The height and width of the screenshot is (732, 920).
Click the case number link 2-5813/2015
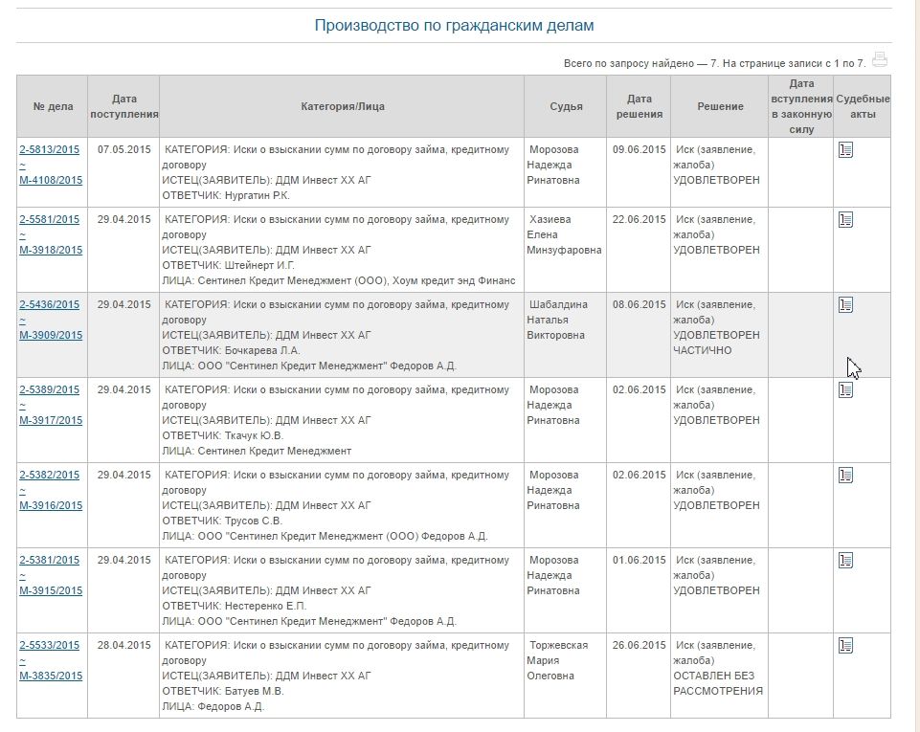click(x=50, y=149)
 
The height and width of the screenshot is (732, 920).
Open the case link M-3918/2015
click(x=51, y=250)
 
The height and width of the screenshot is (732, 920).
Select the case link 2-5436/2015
click(x=50, y=304)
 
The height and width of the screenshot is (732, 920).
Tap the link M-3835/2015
click(x=51, y=676)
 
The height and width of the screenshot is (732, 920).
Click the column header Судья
click(x=566, y=106)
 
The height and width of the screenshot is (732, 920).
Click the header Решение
click(x=720, y=106)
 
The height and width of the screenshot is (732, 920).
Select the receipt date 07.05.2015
click(x=123, y=149)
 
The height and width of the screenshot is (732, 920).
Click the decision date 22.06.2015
click(x=639, y=219)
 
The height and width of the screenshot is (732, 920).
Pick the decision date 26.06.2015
click(x=639, y=645)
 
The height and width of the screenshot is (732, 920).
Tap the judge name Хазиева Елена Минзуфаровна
click(x=565, y=234)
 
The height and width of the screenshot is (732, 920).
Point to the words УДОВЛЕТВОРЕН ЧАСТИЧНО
click(x=716, y=343)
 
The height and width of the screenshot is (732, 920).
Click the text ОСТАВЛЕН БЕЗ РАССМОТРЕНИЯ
click(x=718, y=683)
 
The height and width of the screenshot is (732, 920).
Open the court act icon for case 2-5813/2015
click(x=845, y=150)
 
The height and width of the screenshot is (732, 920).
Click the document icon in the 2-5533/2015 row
click(x=845, y=646)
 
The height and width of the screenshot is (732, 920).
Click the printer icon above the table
click(x=880, y=59)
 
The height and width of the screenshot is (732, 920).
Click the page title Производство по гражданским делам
click(x=454, y=26)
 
